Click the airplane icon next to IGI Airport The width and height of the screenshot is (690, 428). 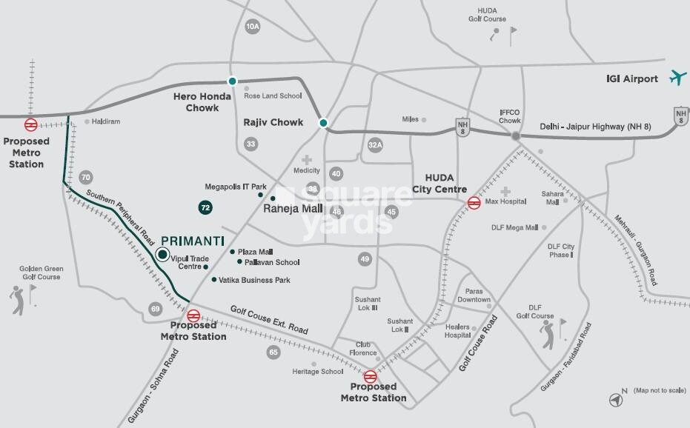click(x=677, y=78)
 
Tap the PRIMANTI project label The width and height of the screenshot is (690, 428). click(x=193, y=241)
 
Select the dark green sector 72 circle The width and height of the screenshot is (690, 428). click(x=205, y=208)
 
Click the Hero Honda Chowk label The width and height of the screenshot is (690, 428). click(x=196, y=102)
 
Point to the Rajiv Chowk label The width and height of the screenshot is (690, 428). click(x=273, y=122)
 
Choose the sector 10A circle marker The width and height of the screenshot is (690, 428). click(x=253, y=27)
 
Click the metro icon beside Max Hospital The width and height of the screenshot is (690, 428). click(x=474, y=203)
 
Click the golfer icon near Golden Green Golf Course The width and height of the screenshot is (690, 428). click(x=17, y=299)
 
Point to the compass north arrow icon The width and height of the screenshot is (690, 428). click(x=616, y=400)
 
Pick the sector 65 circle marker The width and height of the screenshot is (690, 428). click(x=274, y=352)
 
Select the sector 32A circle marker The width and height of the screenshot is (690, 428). click(x=375, y=145)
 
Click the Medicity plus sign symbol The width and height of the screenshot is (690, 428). click(x=306, y=159)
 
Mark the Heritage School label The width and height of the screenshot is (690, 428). click(x=317, y=372)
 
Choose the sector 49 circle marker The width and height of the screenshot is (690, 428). click(x=364, y=259)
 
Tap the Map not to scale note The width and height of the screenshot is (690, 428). click(x=659, y=390)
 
